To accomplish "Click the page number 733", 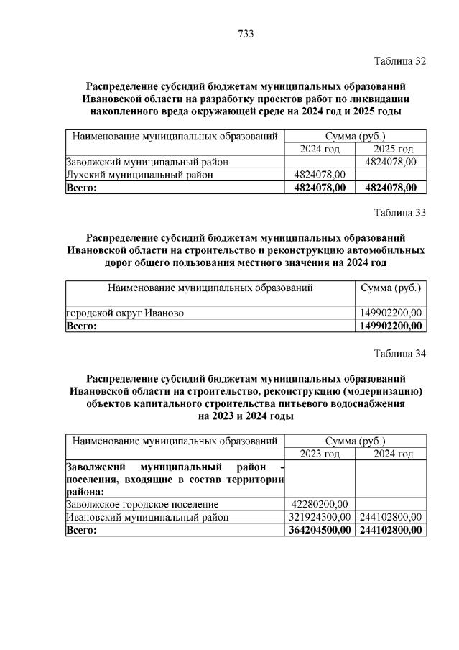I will [246, 34].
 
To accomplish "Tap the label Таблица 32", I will [400, 61].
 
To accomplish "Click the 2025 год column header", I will [391, 149].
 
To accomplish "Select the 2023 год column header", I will [320, 454].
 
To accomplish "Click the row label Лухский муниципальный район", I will [139, 175].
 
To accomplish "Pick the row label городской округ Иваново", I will [125, 313].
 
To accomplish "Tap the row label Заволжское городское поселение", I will [142, 504].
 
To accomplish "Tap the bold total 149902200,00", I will [390, 326].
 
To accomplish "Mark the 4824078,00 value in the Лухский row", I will [320, 175].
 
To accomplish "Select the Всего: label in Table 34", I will [81, 530].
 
